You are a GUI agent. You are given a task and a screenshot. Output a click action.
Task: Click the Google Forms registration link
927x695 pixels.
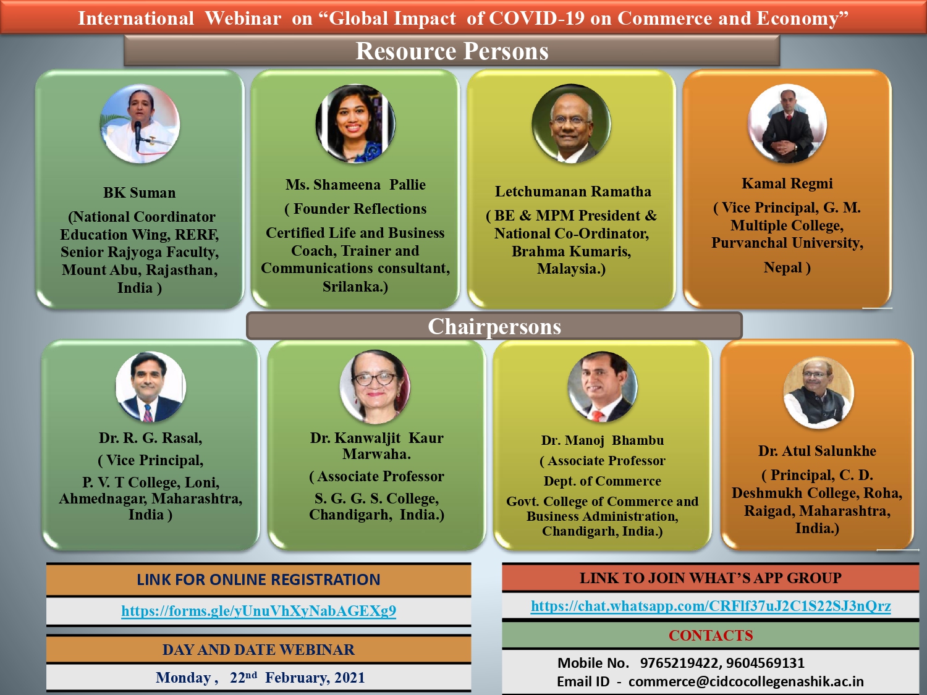click(x=258, y=610)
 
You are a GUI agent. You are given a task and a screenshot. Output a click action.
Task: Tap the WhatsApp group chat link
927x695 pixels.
click(x=711, y=606)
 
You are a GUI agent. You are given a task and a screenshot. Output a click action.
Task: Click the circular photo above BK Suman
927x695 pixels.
click(x=140, y=124)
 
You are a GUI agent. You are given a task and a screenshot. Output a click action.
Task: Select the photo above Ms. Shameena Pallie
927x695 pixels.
click(x=355, y=124)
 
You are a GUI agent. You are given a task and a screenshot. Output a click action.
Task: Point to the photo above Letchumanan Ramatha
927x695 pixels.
click(x=572, y=123)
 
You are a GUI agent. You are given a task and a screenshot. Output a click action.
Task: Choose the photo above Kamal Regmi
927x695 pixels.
click(x=787, y=123)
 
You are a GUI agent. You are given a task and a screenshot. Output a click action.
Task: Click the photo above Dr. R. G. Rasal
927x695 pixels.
click(x=151, y=387)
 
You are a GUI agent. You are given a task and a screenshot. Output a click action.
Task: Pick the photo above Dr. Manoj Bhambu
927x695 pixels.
click(x=603, y=387)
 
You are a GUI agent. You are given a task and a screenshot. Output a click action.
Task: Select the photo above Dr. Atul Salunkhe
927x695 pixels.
click(x=818, y=394)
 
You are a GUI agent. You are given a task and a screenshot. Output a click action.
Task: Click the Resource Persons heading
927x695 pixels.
click(x=452, y=51)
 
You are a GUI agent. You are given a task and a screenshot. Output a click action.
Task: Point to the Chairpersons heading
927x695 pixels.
click(x=494, y=326)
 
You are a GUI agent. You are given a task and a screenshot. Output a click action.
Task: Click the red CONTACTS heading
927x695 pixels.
click(x=711, y=636)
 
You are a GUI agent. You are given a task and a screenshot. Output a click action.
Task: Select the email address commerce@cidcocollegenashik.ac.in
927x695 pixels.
click(x=746, y=681)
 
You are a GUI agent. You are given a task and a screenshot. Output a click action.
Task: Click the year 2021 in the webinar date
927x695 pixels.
click(x=350, y=677)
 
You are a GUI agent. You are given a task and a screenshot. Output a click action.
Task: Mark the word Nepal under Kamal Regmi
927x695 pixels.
click(x=782, y=267)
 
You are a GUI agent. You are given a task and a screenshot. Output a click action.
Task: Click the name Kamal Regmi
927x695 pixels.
click(x=787, y=183)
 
